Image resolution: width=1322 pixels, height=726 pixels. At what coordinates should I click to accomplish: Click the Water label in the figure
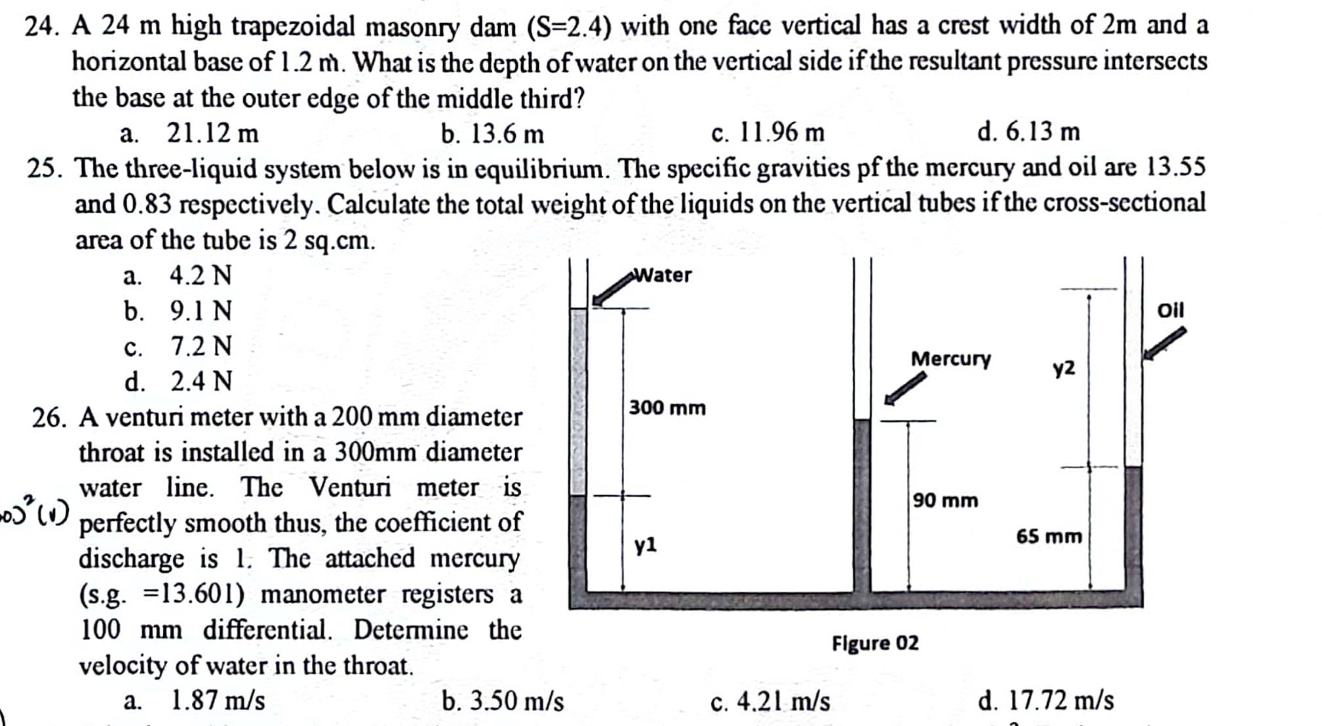click(663, 275)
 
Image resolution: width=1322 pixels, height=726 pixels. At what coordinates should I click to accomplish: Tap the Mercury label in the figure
click(950, 359)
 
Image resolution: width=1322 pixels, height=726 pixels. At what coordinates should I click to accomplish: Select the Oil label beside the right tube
click(1171, 310)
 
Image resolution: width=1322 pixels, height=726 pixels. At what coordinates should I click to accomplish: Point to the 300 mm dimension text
click(667, 408)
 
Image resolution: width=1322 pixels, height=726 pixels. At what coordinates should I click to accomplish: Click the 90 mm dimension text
click(945, 500)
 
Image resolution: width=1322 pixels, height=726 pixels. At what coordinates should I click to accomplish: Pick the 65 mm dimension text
click(1049, 536)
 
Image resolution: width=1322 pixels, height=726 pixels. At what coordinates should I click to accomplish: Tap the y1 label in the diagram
click(645, 544)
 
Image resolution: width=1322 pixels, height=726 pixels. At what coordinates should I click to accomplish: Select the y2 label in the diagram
click(1064, 369)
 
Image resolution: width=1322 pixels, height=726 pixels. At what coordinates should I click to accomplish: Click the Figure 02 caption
click(875, 643)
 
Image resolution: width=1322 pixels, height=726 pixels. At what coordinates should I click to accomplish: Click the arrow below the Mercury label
click(905, 388)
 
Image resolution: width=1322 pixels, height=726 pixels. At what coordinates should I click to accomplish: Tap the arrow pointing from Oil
click(1164, 343)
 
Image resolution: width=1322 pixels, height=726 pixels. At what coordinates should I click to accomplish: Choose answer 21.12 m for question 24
click(212, 134)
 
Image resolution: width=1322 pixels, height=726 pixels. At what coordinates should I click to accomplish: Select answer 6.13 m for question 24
click(1042, 132)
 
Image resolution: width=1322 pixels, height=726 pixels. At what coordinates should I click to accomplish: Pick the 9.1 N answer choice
click(201, 311)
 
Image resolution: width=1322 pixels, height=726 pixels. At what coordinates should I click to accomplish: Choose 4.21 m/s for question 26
click(783, 702)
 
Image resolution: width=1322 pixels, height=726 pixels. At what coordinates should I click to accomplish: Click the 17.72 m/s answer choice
click(1059, 700)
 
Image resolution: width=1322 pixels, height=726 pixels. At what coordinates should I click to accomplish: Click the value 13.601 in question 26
click(203, 594)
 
